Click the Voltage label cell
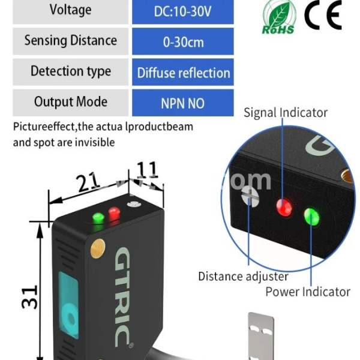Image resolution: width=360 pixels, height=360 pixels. click(x=70, y=11)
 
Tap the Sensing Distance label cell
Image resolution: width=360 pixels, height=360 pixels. click(x=70, y=41)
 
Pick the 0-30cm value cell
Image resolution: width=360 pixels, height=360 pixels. click(x=182, y=41)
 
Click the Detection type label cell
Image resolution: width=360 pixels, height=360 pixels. click(x=70, y=71)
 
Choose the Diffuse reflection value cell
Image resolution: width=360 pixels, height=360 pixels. click(x=183, y=73)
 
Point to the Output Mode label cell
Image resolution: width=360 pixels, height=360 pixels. click(x=70, y=101)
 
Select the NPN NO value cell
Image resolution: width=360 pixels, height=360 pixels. click(x=182, y=103)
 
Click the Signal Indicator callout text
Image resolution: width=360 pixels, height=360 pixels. click(x=286, y=113)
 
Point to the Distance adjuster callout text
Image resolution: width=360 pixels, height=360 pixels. click(x=243, y=277)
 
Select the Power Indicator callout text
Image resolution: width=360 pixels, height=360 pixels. click(x=308, y=292)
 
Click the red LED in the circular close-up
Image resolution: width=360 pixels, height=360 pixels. click(x=283, y=208)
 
